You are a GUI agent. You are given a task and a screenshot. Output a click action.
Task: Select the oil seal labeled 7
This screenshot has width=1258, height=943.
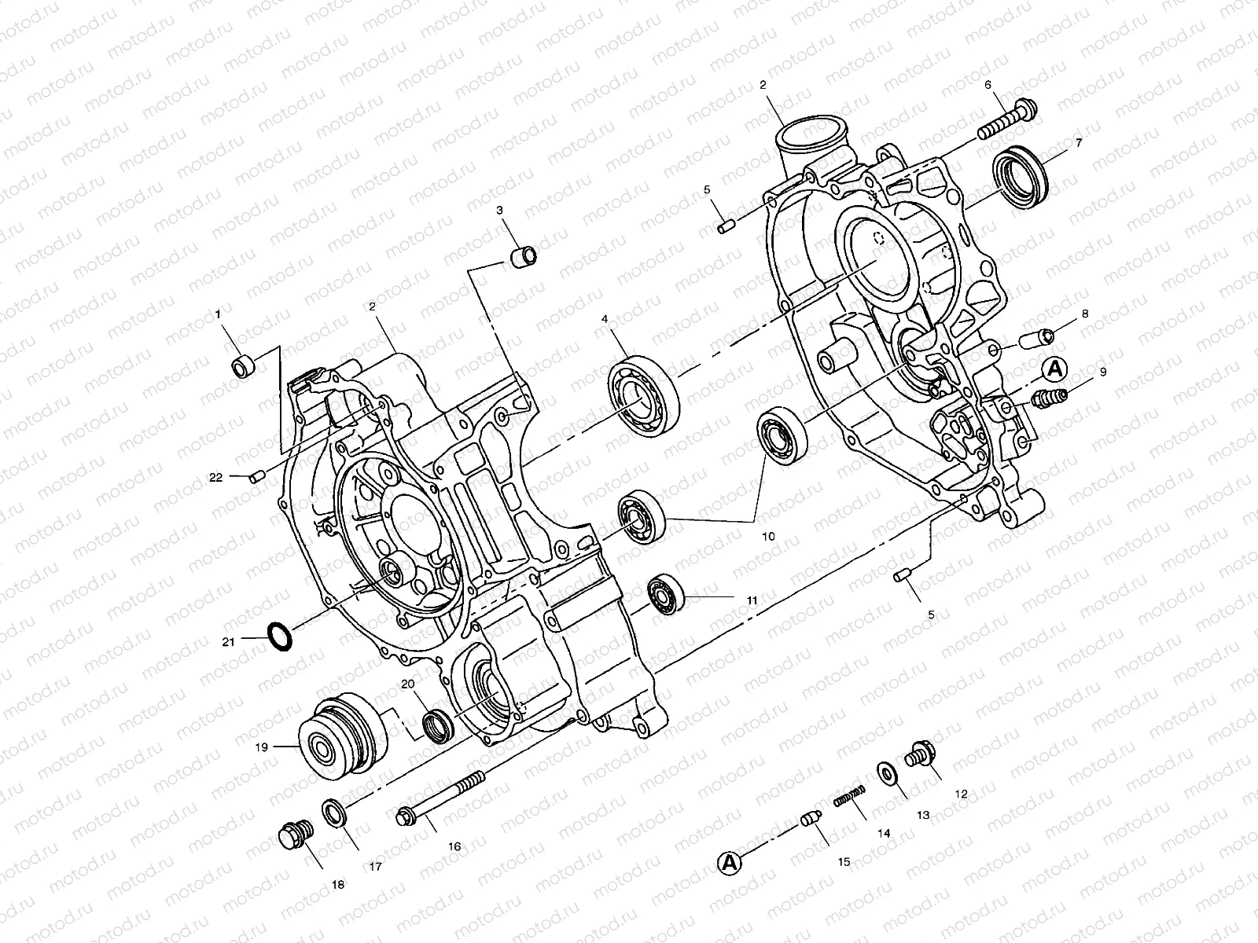1021,173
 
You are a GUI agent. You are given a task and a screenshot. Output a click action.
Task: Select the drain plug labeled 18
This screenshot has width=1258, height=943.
296,835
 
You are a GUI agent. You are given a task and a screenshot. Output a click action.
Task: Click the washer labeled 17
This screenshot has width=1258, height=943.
333,812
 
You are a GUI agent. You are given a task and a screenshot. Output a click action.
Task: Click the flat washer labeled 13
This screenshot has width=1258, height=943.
888,774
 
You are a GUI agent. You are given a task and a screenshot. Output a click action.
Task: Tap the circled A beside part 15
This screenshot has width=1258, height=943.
730,863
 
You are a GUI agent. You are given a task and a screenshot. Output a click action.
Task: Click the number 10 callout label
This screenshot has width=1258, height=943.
768,536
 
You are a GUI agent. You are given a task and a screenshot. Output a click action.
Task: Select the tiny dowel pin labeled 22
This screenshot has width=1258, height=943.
255,475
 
